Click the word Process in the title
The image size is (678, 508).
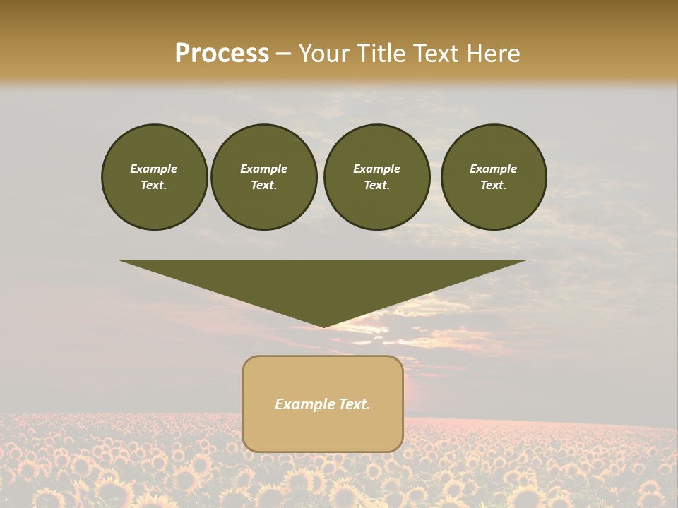(222, 54)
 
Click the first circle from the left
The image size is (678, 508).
(154, 177)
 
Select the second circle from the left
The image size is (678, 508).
(264, 177)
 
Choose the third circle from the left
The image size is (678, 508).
(376, 177)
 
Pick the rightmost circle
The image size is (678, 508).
(494, 177)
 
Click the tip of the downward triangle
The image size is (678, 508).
(323, 325)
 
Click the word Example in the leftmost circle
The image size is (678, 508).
(154, 169)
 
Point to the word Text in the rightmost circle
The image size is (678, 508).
(494, 186)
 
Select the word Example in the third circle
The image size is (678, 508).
(376, 169)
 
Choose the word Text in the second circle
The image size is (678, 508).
(264, 186)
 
